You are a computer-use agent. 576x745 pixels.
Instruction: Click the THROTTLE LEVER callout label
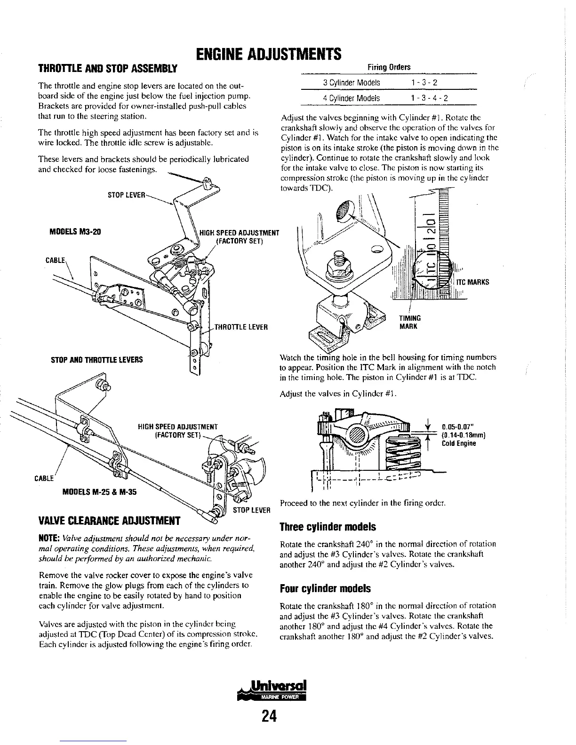point(241,328)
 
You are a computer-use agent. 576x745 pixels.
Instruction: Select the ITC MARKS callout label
point(472,282)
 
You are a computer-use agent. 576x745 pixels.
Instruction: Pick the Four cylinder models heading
point(325,588)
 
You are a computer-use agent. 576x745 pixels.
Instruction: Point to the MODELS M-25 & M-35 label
point(99,492)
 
